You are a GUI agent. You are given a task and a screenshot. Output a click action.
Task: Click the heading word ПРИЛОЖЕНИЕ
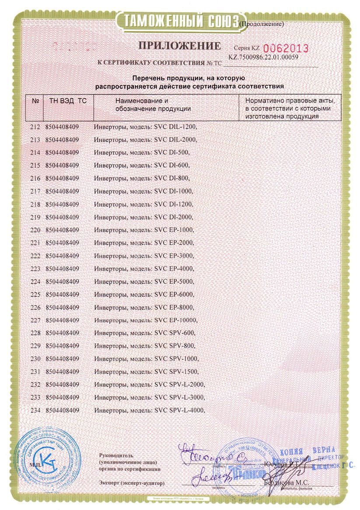point(180,46)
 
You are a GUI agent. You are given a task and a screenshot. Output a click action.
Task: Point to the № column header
point(35,101)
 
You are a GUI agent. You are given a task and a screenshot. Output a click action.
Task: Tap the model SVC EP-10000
point(173,320)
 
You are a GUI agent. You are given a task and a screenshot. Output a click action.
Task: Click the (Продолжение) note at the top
point(263,24)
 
